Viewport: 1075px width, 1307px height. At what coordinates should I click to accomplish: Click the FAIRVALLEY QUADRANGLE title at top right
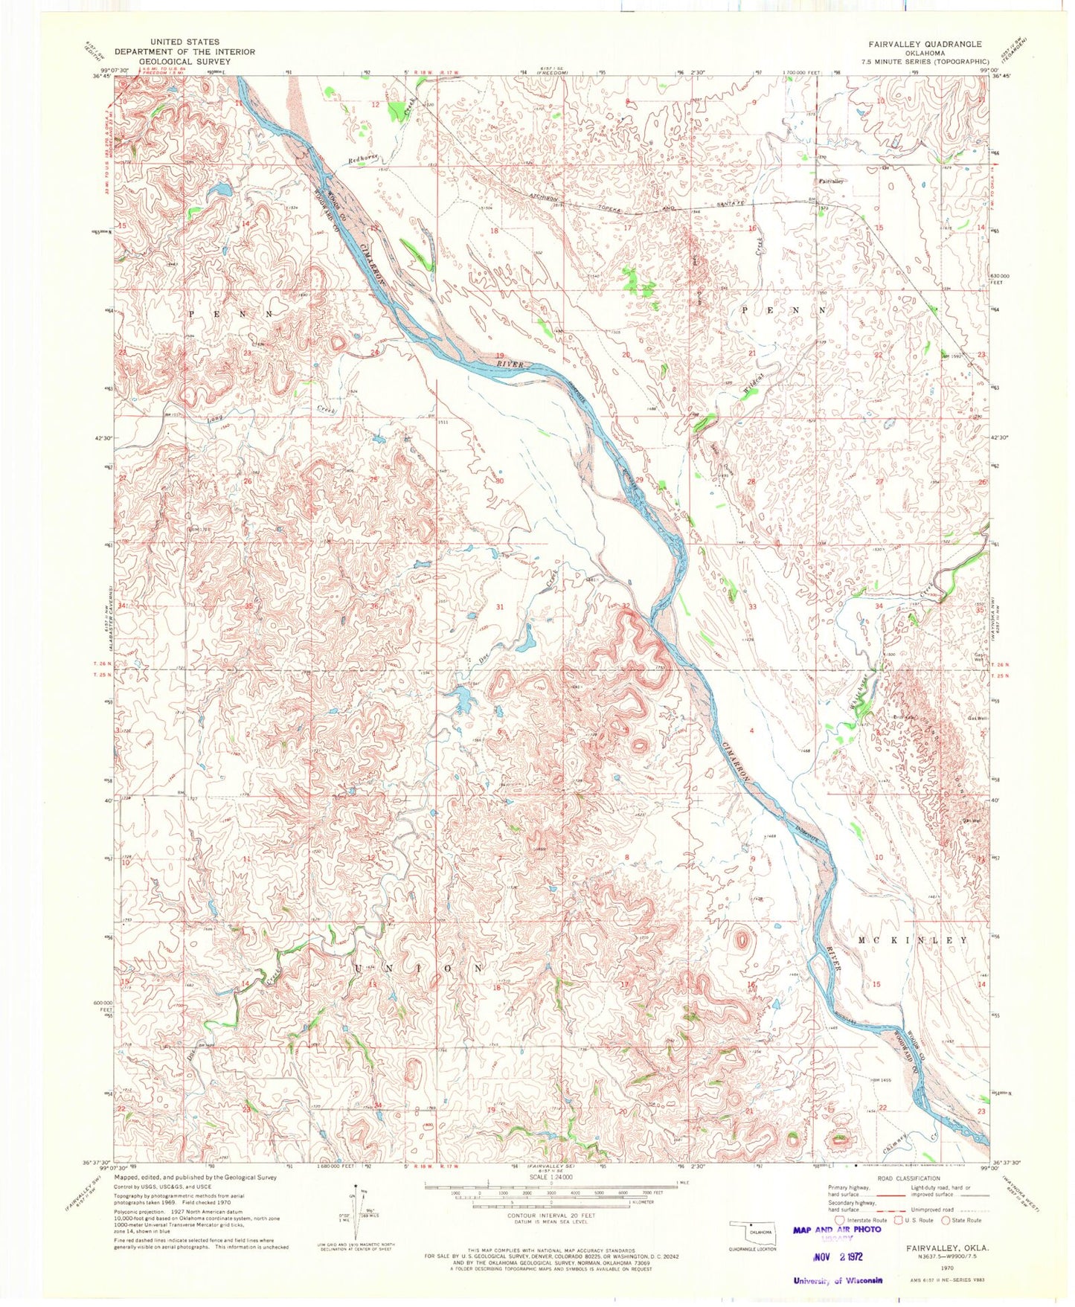(930, 45)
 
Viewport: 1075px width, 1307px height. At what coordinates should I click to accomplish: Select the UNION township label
(419, 969)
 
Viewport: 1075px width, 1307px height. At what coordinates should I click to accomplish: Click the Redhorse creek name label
(364, 161)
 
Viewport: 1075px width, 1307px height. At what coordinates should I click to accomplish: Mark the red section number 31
(500, 608)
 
